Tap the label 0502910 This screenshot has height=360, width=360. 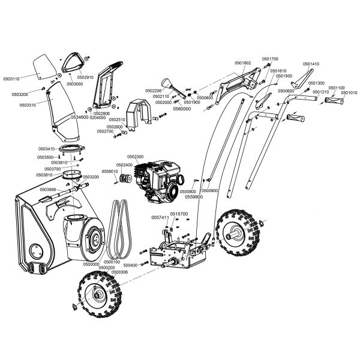click(x=85, y=77)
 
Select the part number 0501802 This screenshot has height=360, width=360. click(x=244, y=63)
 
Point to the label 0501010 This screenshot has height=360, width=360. click(x=349, y=93)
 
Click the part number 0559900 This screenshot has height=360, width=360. click(x=194, y=196)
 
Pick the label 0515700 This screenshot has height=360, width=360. click(x=179, y=214)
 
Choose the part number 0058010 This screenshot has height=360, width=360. click(x=110, y=172)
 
